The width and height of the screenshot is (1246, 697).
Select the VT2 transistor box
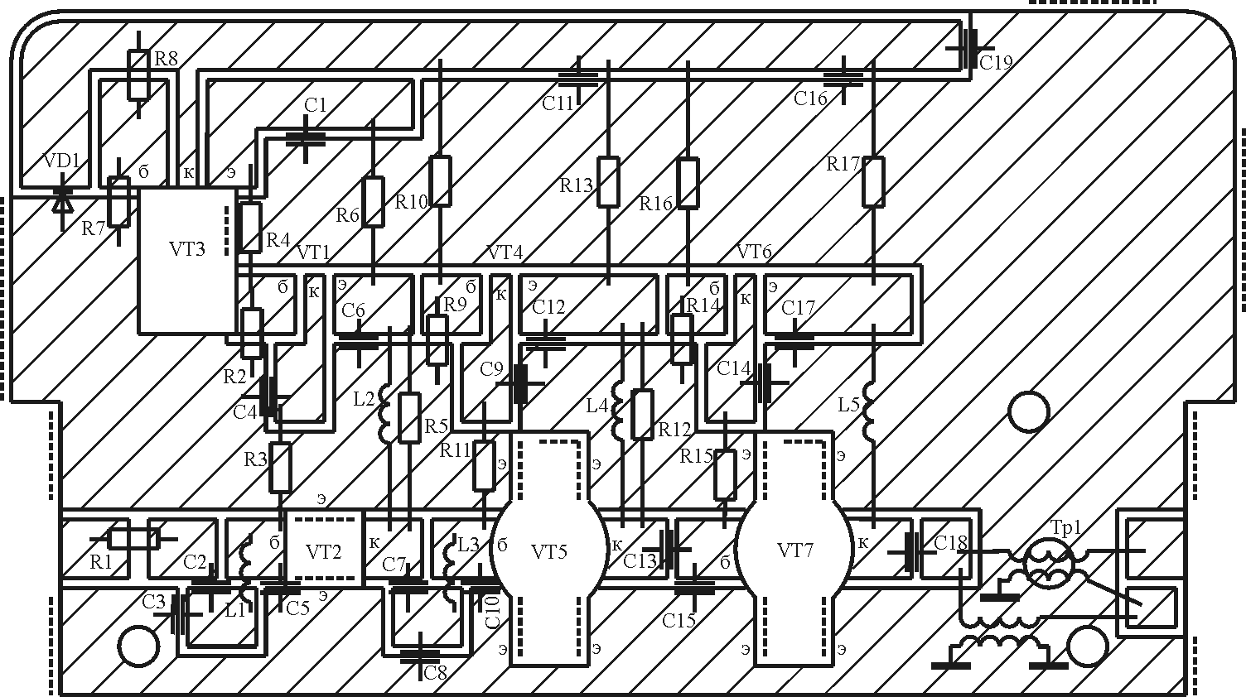click(x=324, y=550)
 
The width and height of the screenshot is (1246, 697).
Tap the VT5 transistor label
click(x=548, y=551)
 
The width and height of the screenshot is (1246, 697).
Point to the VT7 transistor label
click(x=794, y=550)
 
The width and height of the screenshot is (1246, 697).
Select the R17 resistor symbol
click(x=873, y=181)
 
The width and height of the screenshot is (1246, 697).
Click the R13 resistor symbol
click(x=609, y=181)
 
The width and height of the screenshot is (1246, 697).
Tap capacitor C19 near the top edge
click(x=967, y=49)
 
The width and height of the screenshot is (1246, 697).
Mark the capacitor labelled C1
click(x=305, y=137)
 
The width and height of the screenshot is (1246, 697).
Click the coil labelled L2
click(x=386, y=412)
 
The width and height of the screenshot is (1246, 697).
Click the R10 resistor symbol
click(x=440, y=180)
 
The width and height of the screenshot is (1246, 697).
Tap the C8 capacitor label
click(x=435, y=673)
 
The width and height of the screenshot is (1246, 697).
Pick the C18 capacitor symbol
click(x=913, y=552)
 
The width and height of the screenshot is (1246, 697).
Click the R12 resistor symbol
click(x=642, y=413)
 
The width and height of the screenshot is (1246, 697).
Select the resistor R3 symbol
click(x=280, y=468)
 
